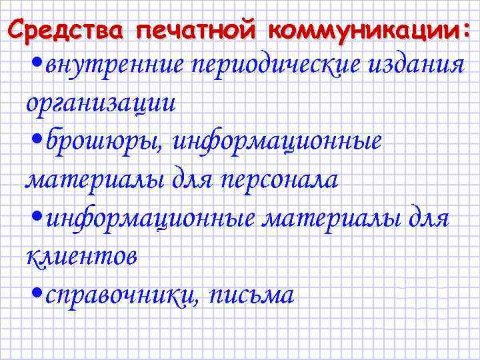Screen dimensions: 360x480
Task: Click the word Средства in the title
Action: (x=68, y=30)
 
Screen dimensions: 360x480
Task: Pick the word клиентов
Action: (x=81, y=256)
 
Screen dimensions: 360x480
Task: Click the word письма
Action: (x=251, y=295)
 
